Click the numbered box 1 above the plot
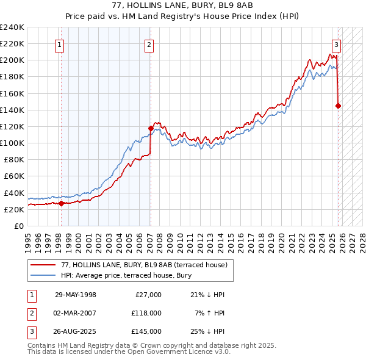59,44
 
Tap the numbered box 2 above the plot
149,44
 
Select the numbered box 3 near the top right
336,44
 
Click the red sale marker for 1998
61,203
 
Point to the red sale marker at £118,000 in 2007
150,128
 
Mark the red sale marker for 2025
339,106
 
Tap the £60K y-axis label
14,176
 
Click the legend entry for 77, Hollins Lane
144,264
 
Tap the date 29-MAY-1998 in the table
76,295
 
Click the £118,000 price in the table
148,313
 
